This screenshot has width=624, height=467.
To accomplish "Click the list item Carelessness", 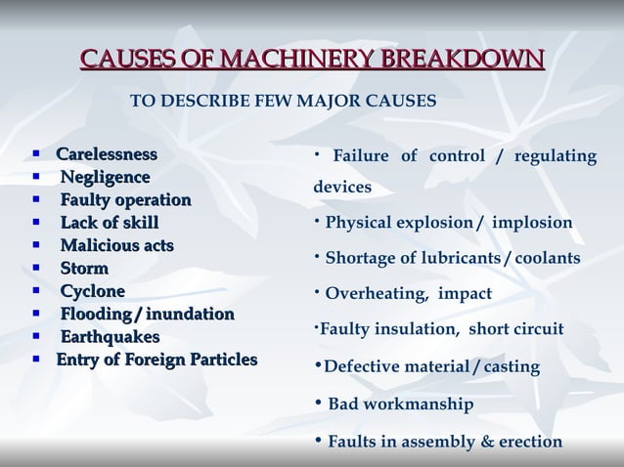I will click(106, 154).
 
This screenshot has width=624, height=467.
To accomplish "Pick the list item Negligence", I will click(105, 177).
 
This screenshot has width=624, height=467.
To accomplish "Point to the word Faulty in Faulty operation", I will click(85, 200).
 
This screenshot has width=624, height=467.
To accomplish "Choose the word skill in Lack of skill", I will click(137, 223).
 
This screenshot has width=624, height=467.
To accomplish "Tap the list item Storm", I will click(84, 268).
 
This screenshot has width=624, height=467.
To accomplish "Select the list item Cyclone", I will click(93, 291).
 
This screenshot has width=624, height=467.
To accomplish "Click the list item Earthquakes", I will click(110, 337).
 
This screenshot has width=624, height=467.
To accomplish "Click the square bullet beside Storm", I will click(36, 268).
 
